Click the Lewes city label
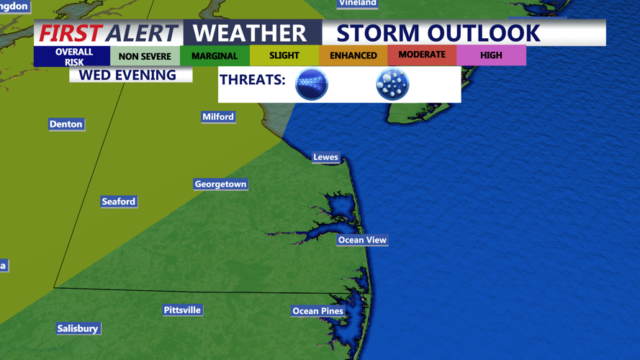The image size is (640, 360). (x=325, y=157)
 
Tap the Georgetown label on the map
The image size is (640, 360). (x=220, y=184)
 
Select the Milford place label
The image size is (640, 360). (x=218, y=117)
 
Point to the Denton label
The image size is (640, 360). (x=66, y=125)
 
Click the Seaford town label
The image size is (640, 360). (x=119, y=202)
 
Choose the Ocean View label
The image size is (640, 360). (x=362, y=240)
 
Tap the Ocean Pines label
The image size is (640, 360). (x=317, y=311)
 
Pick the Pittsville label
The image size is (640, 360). (x=182, y=310)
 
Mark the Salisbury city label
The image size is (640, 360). (x=78, y=328)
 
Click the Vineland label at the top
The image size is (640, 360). (x=358, y=4)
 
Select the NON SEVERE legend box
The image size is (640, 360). (x=145, y=56)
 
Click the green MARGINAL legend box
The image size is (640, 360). (x=215, y=56)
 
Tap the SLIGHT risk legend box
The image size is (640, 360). (x=284, y=55)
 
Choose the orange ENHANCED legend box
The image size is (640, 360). (x=353, y=55)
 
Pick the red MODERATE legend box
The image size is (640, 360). (x=422, y=55)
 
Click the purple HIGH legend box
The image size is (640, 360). (x=491, y=55)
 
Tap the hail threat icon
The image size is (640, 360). (x=392, y=84)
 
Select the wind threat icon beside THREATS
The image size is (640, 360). (x=312, y=84)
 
